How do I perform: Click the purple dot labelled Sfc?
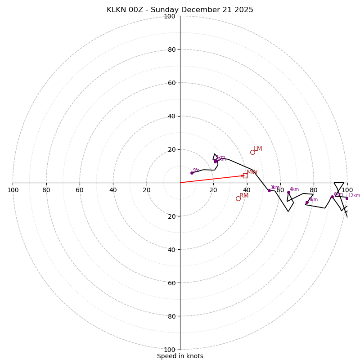(x=192, y=173)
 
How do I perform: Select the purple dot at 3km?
(x=269, y=190)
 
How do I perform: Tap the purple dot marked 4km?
(x=288, y=193)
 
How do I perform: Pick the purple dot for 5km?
(x=307, y=202)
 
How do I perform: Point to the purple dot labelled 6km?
(x=332, y=197)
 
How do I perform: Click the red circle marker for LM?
(x=252, y=152)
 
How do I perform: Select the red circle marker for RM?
(x=238, y=198)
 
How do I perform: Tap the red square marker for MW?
(x=245, y=175)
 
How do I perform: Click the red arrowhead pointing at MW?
(x=242, y=175)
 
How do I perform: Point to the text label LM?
(x=258, y=149)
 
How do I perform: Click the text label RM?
(x=244, y=196)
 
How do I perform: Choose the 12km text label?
(x=354, y=196)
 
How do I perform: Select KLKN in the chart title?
(x=117, y=10)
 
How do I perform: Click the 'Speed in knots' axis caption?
(x=180, y=356)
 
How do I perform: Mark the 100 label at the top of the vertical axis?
(x=170, y=17)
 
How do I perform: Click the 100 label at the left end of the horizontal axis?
(x=13, y=190)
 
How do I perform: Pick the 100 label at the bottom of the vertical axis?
(x=170, y=350)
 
